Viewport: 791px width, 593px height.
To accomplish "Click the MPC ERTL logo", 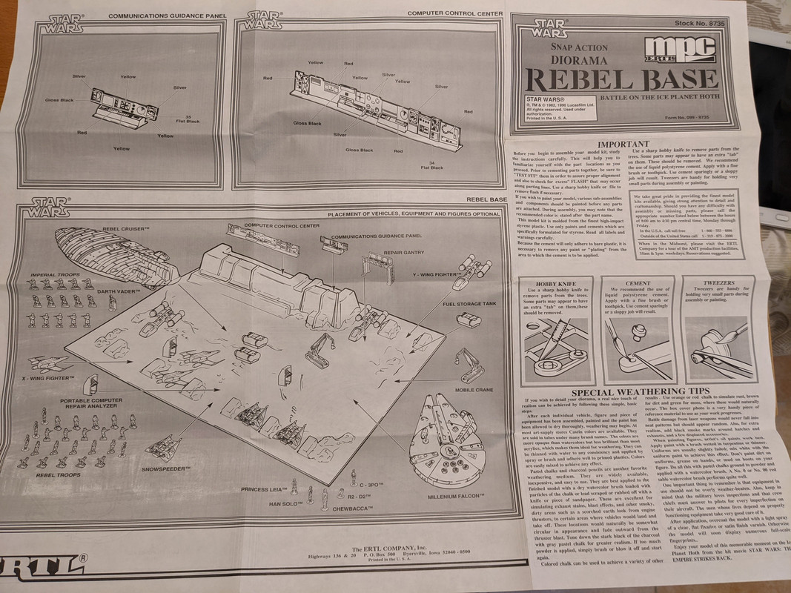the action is click(697, 53).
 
